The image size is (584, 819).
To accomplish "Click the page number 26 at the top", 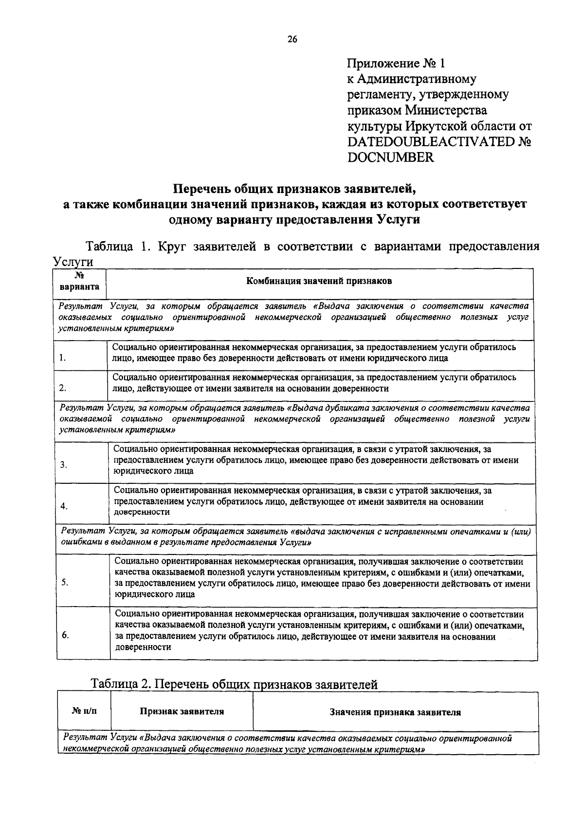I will pyautogui.click(x=292, y=40).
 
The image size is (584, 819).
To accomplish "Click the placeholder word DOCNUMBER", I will pyautogui.click(x=390, y=157).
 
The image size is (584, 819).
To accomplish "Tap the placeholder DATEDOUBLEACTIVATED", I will pyautogui.click(x=431, y=142).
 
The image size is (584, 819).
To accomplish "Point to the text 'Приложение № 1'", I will pyautogui.click(x=396, y=63).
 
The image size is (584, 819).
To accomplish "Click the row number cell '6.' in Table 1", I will pyautogui.click(x=65, y=635).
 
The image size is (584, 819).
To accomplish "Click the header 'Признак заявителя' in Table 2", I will pyautogui.click(x=182, y=711).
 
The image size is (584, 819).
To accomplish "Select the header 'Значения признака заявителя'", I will pyautogui.click(x=395, y=712).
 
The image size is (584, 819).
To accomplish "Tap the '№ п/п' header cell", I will pyautogui.click(x=84, y=711).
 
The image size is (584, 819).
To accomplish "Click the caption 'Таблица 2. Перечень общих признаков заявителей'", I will pyautogui.click(x=234, y=685).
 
